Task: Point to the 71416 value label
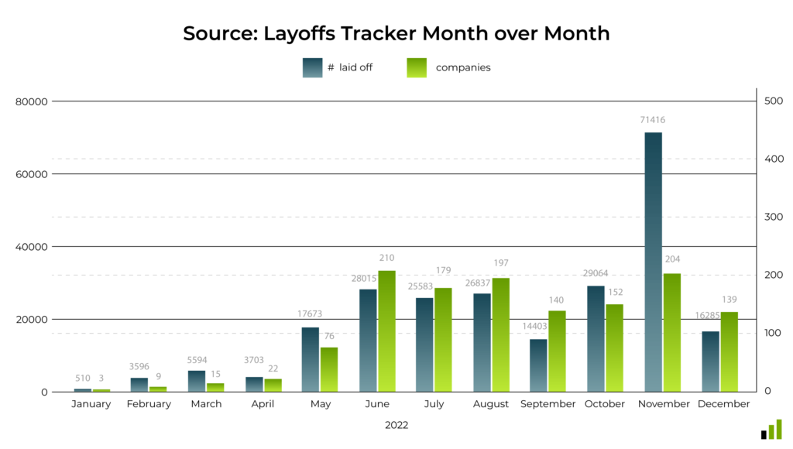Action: (652, 120)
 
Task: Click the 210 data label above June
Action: (386, 257)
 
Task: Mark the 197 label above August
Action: (500, 263)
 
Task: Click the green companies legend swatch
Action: (417, 67)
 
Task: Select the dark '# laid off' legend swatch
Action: (312, 67)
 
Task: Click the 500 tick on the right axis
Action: (772, 101)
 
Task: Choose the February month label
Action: (148, 404)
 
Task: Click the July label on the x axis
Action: (434, 404)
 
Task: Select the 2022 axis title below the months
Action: (396, 425)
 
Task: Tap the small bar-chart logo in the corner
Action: (771, 430)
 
